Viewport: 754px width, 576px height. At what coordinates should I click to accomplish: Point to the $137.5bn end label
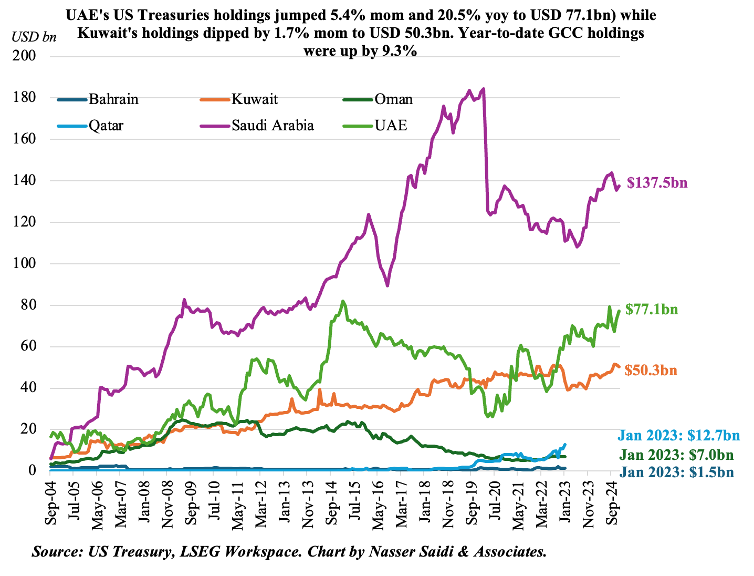[x=656, y=183]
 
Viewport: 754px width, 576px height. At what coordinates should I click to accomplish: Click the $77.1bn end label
[x=652, y=310]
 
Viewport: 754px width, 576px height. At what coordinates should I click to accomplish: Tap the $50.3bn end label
[x=651, y=371]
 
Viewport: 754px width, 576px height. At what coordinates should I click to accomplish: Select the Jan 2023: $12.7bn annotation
[x=678, y=435]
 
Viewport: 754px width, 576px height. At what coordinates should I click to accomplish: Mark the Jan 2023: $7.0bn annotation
[x=676, y=455]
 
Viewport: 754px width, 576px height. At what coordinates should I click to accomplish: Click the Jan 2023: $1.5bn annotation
[x=676, y=472]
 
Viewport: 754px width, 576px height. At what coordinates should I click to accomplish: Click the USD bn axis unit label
[x=34, y=37]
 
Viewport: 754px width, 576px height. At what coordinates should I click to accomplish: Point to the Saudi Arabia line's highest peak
[x=483, y=88]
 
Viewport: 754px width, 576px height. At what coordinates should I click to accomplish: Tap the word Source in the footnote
[x=55, y=552]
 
